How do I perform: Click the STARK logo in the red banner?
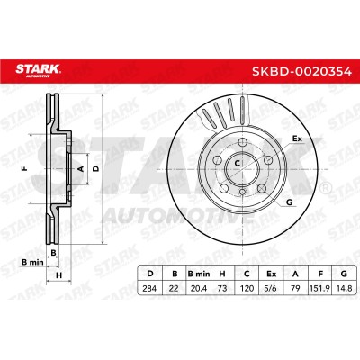[x=38, y=71]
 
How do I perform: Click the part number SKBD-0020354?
[x=301, y=72]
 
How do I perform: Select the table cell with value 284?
[x=149, y=289]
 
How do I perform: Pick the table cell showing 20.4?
[x=199, y=289]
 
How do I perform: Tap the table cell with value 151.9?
[x=319, y=289]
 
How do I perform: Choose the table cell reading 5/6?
[x=272, y=289]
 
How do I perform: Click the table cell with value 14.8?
[x=344, y=289]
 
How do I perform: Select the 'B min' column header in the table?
[x=199, y=274]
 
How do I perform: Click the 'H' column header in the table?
[x=222, y=274]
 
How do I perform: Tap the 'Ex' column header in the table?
[x=272, y=274]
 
